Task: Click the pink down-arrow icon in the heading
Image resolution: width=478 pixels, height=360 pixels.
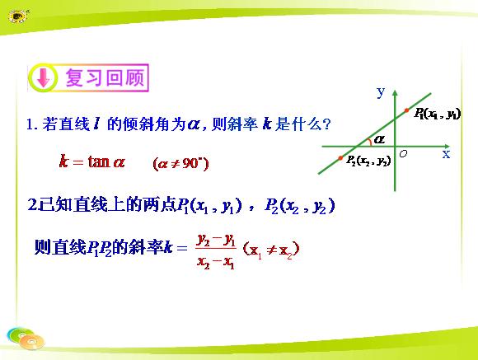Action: tap(44, 77)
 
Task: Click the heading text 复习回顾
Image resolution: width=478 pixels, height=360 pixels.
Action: tap(105, 77)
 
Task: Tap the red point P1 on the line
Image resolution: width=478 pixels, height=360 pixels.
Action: tap(406, 110)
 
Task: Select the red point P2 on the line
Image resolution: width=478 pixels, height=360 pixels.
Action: tap(340, 158)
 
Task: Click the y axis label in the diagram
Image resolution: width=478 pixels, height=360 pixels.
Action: tap(381, 91)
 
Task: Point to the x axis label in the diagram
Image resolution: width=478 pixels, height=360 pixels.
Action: tap(446, 154)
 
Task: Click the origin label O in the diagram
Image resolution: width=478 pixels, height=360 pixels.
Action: tap(403, 153)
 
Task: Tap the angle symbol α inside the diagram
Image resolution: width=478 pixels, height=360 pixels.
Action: tap(379, 139)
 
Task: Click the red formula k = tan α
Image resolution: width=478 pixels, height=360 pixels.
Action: tap(92, 161)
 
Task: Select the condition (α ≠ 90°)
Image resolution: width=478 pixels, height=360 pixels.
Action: tap(180, 164)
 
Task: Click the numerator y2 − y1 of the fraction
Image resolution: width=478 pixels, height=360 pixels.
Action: tap(216, 240)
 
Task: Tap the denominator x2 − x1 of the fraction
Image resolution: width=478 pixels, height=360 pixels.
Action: tap(216, 262)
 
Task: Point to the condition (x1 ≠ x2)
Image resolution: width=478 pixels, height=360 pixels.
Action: tap(271, 250)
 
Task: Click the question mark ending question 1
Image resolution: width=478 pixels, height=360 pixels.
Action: tap(326, 124)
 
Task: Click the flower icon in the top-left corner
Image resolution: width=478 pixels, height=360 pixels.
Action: tap(18, 16)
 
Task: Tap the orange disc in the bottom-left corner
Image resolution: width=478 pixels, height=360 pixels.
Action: tap(31, 342)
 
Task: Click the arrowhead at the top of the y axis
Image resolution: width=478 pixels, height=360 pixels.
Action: tap(395, 92)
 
